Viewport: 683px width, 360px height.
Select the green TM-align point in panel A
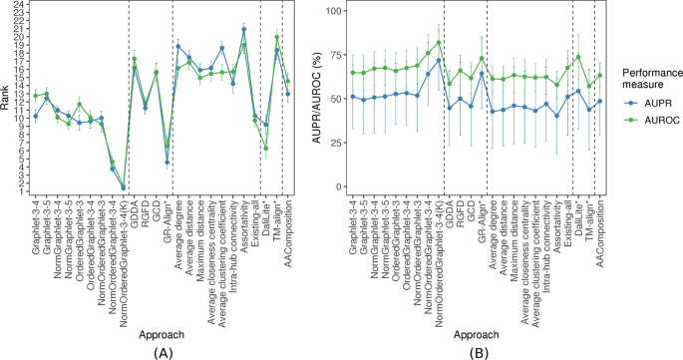pyautogui.click(x=277, y=37)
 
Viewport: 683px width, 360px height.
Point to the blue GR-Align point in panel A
pyautogui.click(x=168, y=163)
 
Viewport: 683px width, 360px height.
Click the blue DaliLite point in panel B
pyautogui.click(x=578, y=91)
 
